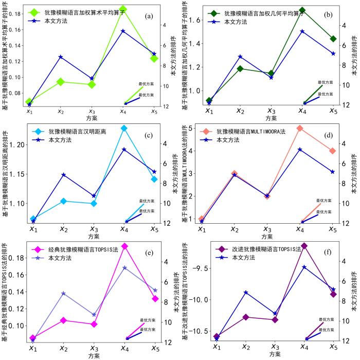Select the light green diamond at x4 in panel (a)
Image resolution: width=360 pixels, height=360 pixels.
coord(123,9)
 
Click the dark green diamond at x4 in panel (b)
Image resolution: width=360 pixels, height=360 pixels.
coord(303,10)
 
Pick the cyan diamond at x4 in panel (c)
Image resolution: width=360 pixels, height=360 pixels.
coord(123,128)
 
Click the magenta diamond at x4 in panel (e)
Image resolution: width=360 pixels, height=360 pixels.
coord(124,246)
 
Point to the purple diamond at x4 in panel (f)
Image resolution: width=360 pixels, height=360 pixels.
coord(304,246)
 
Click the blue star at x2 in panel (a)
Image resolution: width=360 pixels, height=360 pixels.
coord(60,57)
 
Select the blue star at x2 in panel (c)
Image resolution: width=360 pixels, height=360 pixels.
coord(63,175)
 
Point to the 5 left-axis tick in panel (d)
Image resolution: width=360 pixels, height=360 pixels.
coord(190,128)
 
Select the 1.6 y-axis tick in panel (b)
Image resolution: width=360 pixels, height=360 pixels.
coord(193,20)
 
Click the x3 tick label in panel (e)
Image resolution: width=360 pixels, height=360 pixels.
coord(94,348)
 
